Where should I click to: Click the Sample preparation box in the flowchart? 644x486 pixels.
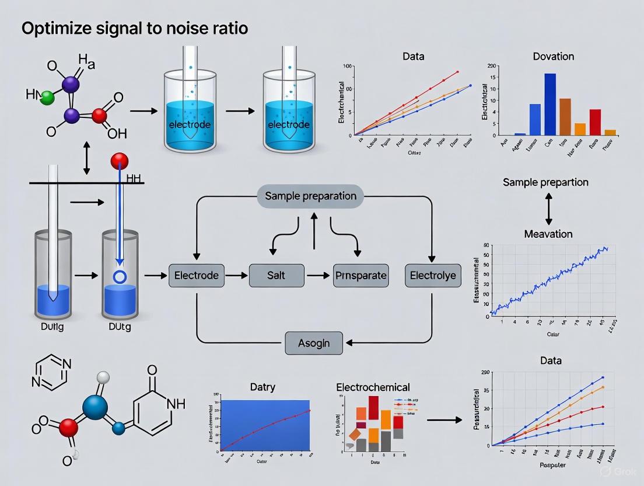click(310, 196)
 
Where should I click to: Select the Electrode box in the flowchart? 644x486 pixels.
click(197, 275)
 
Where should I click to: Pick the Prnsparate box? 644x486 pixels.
click(360, 275)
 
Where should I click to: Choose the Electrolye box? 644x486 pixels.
click(433, 275)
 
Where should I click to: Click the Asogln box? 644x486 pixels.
click(314, 343)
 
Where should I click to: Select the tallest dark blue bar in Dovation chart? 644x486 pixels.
click(549, 104)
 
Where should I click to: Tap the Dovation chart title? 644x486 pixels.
click(553, 57)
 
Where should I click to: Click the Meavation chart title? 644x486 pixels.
click(548, 234)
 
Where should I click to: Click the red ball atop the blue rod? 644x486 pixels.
click(119, 160)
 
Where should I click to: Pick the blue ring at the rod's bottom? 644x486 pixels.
click(120, 276)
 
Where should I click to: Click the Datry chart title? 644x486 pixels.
click(262, 387)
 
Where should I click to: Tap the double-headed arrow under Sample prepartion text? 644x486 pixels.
click(548, 209)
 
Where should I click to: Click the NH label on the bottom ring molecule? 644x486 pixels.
click(175, 404)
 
